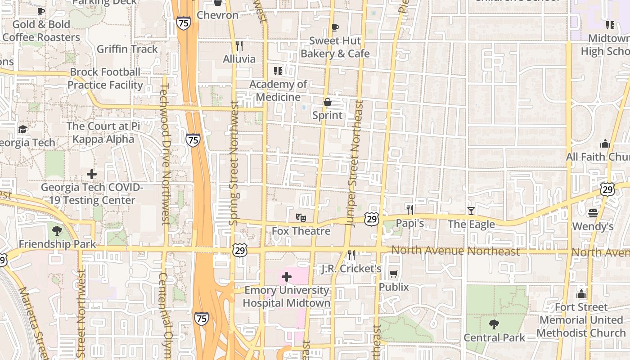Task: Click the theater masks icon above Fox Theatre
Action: click(x=301, y=218)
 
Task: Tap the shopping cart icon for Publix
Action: click(x=393, y=274)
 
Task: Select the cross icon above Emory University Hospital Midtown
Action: click(x=286, y=276)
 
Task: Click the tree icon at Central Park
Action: click(x=494, y=324)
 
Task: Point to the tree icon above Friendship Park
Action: click(x=57, y=231)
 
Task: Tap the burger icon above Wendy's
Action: click(x=593, y=213)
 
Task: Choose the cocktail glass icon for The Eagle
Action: click(x=471, y=211)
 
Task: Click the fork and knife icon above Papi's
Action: click(x=409, y=209)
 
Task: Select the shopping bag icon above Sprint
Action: click(x=328, y=102)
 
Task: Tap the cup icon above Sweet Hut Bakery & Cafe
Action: click(x=335, y=27)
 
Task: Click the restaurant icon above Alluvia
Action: click(x=239, y=45)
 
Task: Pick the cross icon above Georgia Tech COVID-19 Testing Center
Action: click(x=92, y=174)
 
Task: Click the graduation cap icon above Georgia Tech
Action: click(x=22, y=130)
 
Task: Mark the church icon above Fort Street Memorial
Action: click(x=581, y=294)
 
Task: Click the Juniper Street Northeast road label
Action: click(x=354, y=162)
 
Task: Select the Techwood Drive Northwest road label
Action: click(x=164, y=153)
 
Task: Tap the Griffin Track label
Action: click(x=127, y=49)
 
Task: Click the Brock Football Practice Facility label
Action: click(x=105, y=78)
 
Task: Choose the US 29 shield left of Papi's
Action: click(x=372, y=219)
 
